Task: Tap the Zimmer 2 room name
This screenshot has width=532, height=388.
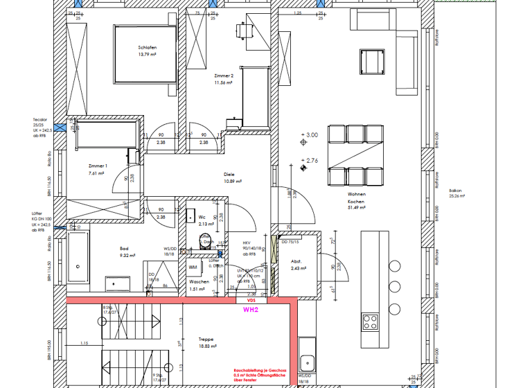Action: [224, 76]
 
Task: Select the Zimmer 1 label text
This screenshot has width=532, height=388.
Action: [98, 166]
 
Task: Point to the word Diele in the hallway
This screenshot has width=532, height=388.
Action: [229, 175]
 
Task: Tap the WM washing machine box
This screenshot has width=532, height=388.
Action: [193, 267]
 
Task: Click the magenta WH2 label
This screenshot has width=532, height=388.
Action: [251, 310]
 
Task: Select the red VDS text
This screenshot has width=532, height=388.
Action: [251, 301]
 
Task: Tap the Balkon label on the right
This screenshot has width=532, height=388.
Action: [455, 190]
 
